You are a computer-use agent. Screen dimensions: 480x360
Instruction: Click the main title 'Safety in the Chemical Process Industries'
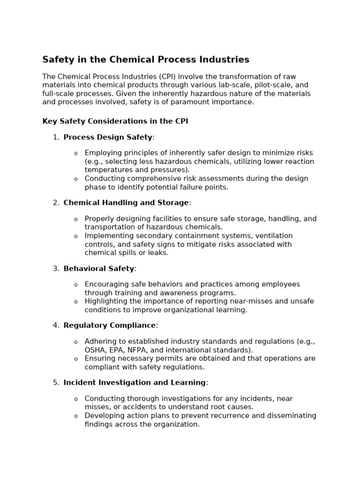tap(146, 60)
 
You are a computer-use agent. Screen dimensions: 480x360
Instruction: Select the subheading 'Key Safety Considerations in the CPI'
tap(115, 121)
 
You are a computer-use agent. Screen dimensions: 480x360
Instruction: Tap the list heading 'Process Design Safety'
tap(108, 137)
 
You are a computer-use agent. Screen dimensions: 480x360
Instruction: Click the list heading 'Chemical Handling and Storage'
tap(126, 202)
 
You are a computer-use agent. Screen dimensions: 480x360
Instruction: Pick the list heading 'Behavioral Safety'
tap(99, 269)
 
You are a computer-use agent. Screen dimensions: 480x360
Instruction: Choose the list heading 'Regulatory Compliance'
tap(110, 325)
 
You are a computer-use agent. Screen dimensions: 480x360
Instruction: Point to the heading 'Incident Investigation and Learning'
tap(135, 382)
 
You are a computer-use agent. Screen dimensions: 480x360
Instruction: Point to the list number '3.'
tap(56, 269)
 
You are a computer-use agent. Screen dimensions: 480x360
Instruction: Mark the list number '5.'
tap(56, 382)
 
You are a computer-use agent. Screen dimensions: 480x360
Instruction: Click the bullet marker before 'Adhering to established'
tap(76, 342)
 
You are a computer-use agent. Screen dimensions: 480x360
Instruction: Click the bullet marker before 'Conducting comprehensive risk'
tap(76, 179)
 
